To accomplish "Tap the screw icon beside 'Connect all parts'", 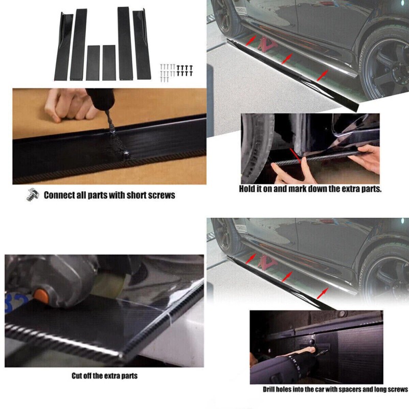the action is click(x=33, y=195).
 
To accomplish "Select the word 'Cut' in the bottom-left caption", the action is click(x=76, y=376).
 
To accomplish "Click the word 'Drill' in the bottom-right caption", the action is click(x=269, y=390).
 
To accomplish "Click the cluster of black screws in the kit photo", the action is click(x=185, y=71).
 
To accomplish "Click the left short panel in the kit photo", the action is click(x=93, y=63).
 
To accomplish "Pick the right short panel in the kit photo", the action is click(x=109, y=62).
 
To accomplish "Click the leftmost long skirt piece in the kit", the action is click(x=63, y=46).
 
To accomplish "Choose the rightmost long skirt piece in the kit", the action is click(x=142, y=44).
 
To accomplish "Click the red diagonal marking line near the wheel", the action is click(x=296, y=156).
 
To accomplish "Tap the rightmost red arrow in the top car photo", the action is click(x=322, y=75).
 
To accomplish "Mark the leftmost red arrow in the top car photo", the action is click(x=250, y=41).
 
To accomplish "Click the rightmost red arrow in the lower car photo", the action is click(x=323, y=293).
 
